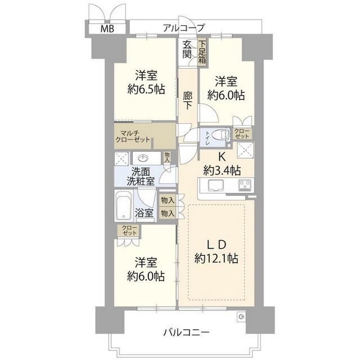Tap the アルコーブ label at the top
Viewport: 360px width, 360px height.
click(184, 27)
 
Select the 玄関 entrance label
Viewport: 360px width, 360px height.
click(187, 50)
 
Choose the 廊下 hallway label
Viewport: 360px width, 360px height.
click(188, 101)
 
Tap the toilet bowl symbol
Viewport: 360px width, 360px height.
click(223, 135)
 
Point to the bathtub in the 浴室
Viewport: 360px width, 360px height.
click(123, 206)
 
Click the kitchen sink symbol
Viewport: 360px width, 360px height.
click(215, 185)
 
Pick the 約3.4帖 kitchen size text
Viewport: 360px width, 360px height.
click(222, 169)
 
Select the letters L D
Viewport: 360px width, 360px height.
click(214, 245)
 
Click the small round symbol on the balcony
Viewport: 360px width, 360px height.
click(241, 317)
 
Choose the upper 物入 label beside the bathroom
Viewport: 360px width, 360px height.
click(167, 200)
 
